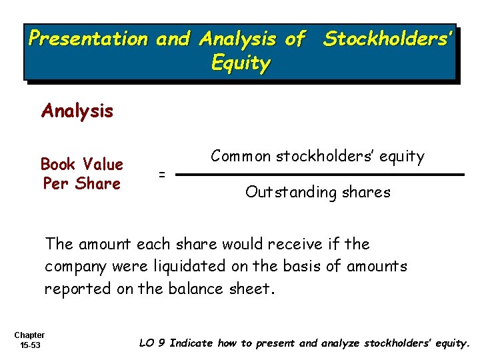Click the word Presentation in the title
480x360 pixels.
87,39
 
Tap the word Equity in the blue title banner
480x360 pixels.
240,64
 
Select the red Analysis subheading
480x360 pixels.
77,111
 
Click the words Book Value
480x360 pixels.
81,164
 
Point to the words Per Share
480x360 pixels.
81,183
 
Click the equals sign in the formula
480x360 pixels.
161,175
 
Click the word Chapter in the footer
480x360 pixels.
29,335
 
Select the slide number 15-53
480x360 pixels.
29,345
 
